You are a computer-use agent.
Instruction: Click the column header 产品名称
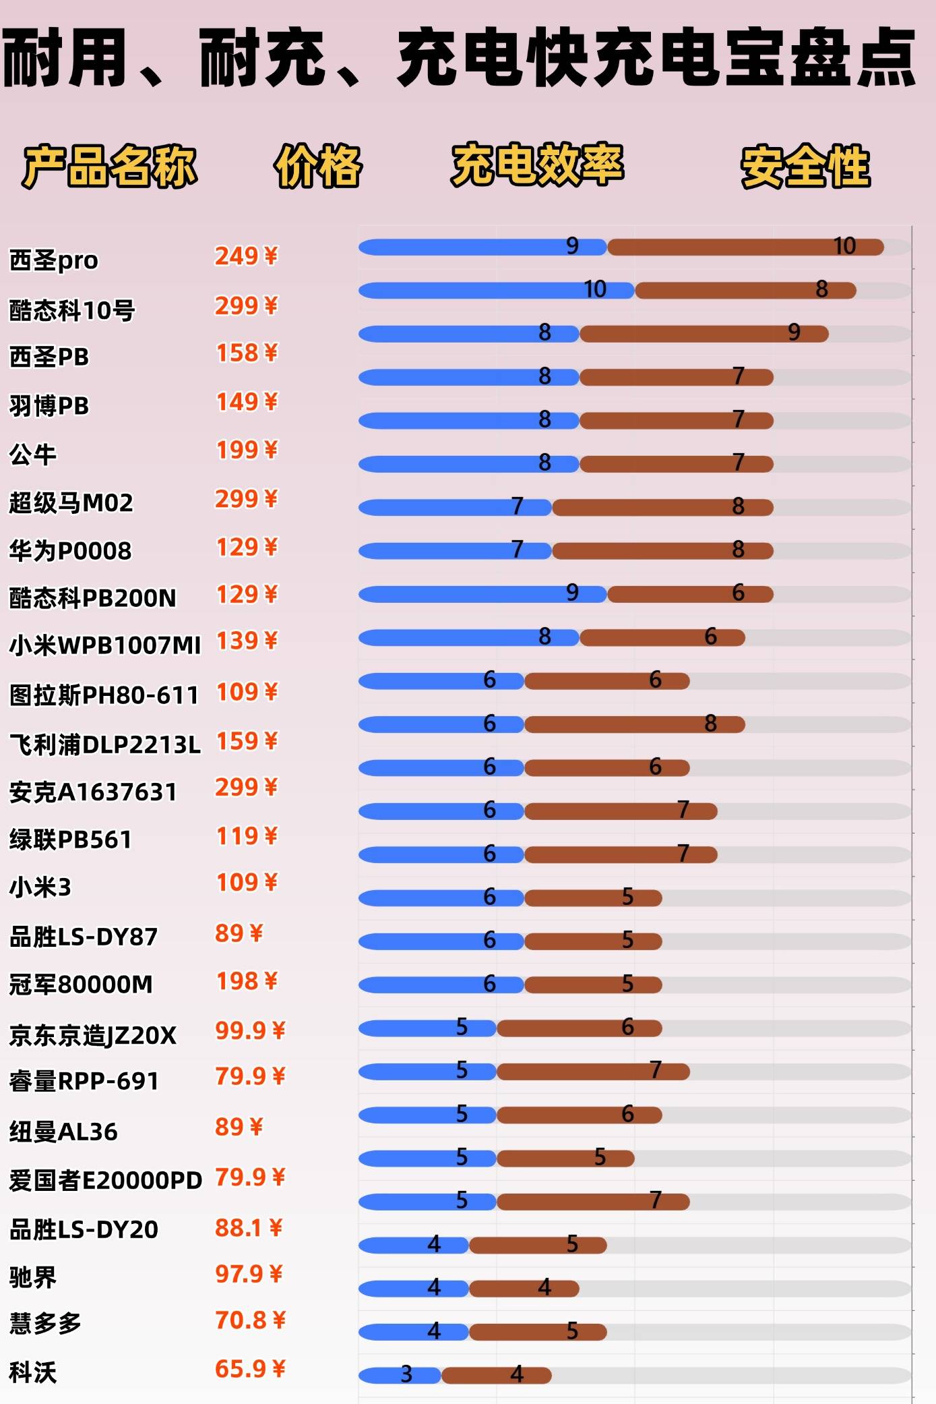(109, 166)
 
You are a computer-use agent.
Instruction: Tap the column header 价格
(318, 166)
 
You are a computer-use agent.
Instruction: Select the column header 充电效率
(537, 165)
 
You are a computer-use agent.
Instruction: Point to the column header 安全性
(805, 166)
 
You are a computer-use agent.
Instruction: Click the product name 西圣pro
(54, 260)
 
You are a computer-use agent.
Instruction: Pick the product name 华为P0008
(70, 551)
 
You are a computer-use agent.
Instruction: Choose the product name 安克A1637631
(93, 792)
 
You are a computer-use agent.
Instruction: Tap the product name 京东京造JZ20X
(93, 1035)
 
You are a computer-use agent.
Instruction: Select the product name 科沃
(33, 1372)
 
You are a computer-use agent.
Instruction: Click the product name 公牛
(33, 455)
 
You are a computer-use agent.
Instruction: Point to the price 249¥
(246, 256)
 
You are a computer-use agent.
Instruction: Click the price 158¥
(246, 353)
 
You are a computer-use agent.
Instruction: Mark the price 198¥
(246, 981)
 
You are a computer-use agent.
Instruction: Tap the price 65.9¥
(250, 1369)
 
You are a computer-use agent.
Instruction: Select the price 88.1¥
(249, 1228)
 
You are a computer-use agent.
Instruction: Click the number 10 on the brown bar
(844, 246)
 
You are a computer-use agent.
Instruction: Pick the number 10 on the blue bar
(595, 289)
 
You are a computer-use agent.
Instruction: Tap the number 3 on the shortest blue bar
(406, 1374)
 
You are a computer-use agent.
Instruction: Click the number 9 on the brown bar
(794, 332)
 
